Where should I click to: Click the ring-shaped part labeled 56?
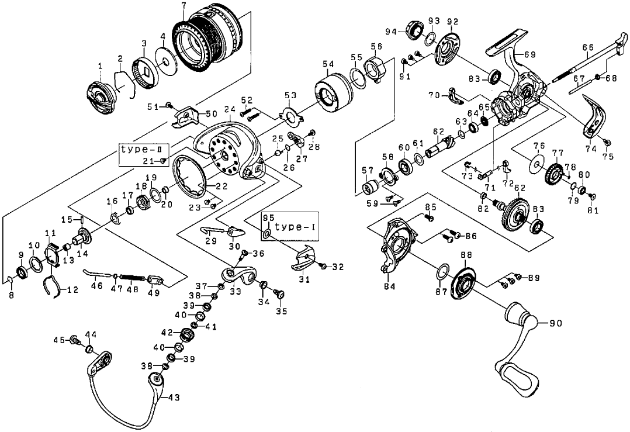click(x=374, y=67)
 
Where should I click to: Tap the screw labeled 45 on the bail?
click(x=75, y=340)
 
